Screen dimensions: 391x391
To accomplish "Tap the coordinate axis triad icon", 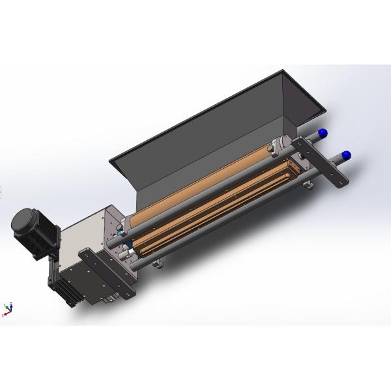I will [x=8, y=308].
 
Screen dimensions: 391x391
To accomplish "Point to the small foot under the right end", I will [x=311, y=188].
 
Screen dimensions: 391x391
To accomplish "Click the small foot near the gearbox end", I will [x=156, y=263].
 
